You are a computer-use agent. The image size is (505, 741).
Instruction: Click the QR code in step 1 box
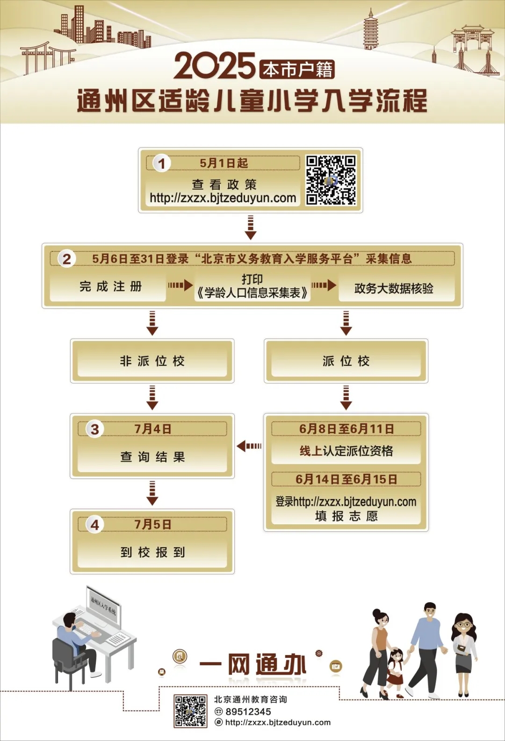(x=331, y=180)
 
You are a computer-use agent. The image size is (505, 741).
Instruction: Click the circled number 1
(x=162, y=164)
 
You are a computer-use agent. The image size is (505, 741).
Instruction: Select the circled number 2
(x=67, y=259)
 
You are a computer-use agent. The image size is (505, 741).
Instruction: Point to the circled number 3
(x=95, y=429)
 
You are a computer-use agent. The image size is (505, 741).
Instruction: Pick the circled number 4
(x=95, y=525)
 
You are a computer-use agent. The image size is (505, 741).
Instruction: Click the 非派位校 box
(x=152, y=361)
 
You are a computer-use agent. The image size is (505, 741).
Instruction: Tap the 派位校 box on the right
(x=346, y=361)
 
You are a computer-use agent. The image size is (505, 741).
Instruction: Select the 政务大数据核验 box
(x=394, y=288)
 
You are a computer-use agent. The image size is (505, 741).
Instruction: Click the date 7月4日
(x=153, y=429)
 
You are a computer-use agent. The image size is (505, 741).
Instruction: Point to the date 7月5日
(x=153, y=525)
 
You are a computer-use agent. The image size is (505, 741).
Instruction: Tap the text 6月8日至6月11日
(x=346, y=429)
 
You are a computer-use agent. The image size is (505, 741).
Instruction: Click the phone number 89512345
(x=248, y=712)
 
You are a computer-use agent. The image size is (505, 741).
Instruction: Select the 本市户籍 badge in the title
(x=297, y=70)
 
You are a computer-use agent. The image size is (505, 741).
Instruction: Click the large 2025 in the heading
(x=215, y=66)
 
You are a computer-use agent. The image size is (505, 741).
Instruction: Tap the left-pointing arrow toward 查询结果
(x=249, y=446)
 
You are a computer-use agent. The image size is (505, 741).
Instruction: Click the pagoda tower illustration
(x=371, y=29)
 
